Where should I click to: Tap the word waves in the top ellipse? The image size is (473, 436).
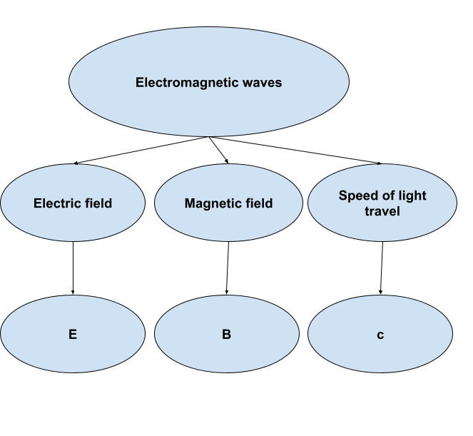pos(262,83)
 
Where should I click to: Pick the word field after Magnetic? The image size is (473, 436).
pos(258,203)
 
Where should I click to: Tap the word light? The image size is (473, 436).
pos(410,196)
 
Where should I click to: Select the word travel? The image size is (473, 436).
pos(382,211)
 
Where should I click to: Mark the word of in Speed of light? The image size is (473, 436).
pos(386,196)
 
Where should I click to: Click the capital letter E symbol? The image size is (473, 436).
pos(72,334)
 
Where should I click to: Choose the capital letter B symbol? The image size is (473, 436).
pos(227,334)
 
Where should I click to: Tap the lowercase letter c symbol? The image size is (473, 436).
pos(380,335)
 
